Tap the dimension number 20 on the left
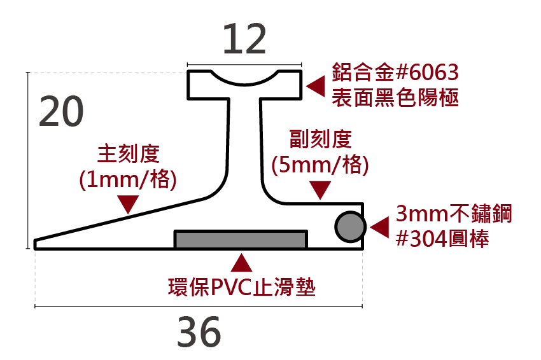click(x=62, y=113)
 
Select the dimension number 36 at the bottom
click(x=199, y=332)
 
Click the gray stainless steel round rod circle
click(x=349, y=226)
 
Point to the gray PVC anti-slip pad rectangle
click(x=241, y=239)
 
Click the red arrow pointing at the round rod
click(x=379, y=227)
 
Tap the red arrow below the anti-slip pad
click(x=241, y=263)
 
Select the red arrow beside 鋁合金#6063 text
click(x=315, y=87)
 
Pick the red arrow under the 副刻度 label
click(x=320, y=189)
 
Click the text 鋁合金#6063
click(x=395, y=73)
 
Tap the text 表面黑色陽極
click(x=395, y=98)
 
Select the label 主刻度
click(x=127, y=154)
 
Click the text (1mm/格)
click(x=127, y=179)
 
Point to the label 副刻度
click(x=320, y=139)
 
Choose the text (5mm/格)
click(x=320, y=165)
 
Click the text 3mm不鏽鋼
click(x=453, y=214)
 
